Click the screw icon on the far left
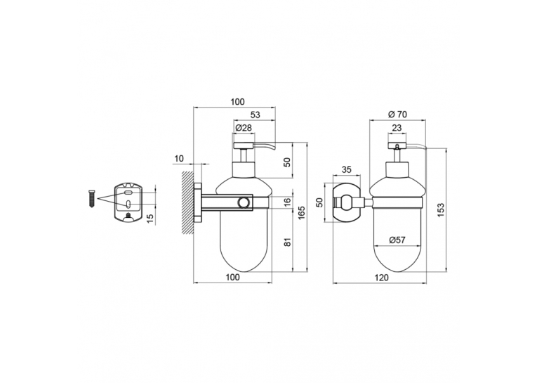[91, 198]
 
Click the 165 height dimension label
[302, 213]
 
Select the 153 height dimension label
[440, 209]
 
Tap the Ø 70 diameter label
[397, 114]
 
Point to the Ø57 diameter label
[397, 240]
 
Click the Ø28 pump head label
[244, 128]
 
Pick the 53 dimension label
[256, 115]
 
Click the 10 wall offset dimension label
[179, 158]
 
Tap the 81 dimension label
[287, 242]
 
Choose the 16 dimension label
[287, 202]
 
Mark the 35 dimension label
[347, 169]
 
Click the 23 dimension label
[397, 128]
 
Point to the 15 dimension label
[150, 218]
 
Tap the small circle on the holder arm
[244, 202]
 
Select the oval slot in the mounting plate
[128, 205]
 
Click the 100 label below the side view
[233, 277]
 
